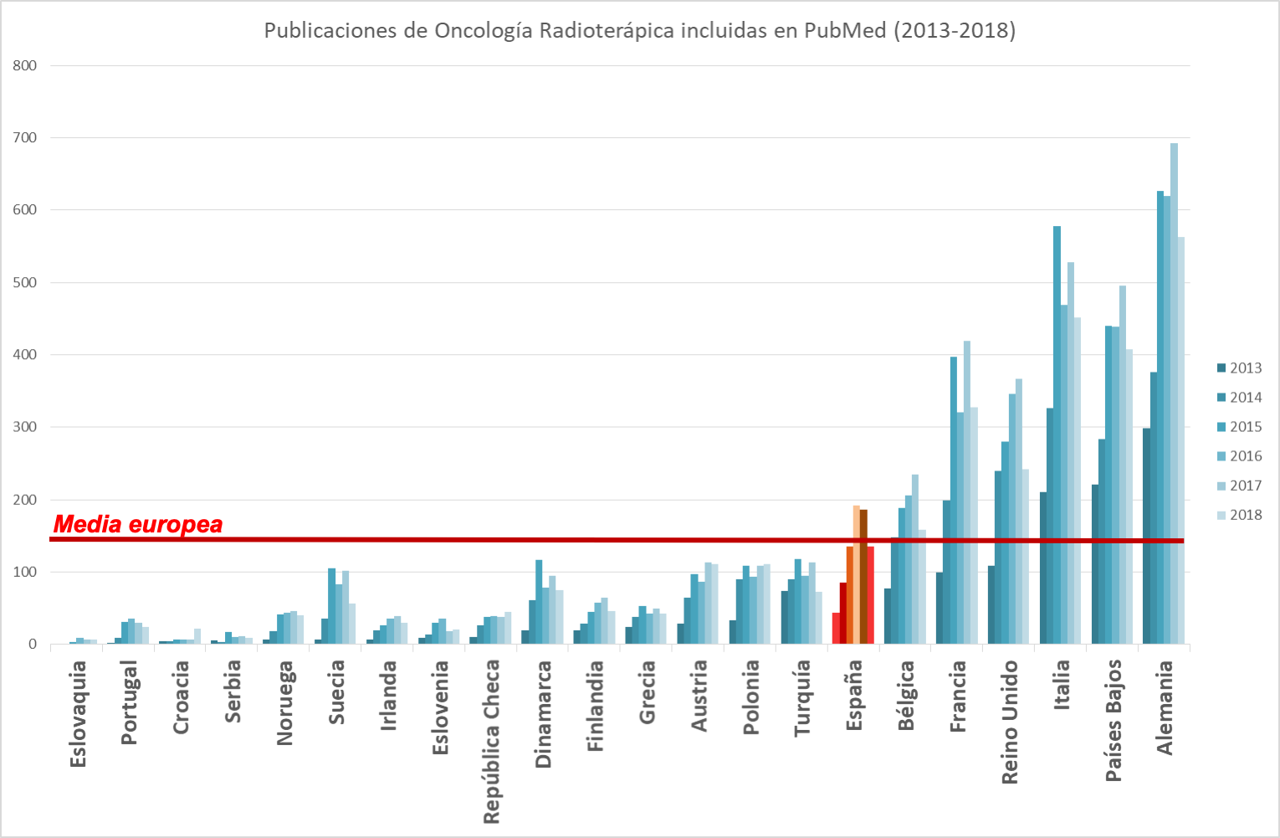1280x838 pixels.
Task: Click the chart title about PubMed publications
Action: click(x=640, y=31)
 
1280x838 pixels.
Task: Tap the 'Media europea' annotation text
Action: click(x=138, y=525)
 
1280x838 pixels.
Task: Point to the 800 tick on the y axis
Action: click(x=25, y=65)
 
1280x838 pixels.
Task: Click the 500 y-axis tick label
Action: click(x=25, y=282)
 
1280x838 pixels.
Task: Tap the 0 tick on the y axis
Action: click(x=33, y=644)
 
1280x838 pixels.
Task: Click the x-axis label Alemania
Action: click(x=1165, y=707)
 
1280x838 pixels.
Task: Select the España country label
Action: click(x=853, y=695)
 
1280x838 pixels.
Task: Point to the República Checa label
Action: click(x=491, y=741)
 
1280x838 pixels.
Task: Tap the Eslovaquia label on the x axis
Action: click(x=78, y=713)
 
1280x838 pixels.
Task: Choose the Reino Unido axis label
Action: click(x=1010, y=722)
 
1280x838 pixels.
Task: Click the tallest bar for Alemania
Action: click(x=1174, y=393)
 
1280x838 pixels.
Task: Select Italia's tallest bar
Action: click(x=1057, y=435)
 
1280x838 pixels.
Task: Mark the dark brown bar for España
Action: click(x=863, y=577)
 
